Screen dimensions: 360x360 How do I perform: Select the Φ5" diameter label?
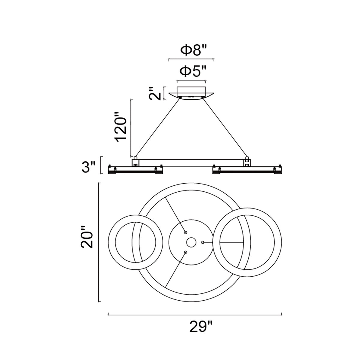point(194,71)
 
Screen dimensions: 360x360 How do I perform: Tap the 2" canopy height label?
point(155,93)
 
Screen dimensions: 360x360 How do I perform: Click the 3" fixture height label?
point(88,167)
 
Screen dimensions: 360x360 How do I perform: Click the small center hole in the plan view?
point(191,242)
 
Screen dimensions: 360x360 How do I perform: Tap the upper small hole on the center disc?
point(185,232)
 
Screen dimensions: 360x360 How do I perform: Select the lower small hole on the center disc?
point(185,252)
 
